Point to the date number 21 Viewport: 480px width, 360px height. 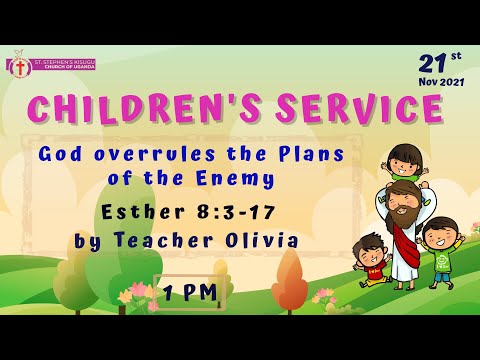pyautogui.click(x=431, y=62)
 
